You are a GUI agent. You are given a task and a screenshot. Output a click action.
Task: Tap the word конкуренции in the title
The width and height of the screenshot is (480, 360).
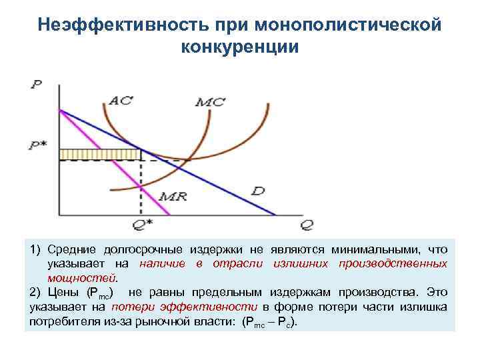(240, 47)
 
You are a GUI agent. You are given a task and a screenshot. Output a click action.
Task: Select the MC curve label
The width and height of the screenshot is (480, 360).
(211, 102)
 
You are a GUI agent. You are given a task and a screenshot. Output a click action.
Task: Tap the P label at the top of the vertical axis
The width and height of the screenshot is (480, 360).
(35, 85)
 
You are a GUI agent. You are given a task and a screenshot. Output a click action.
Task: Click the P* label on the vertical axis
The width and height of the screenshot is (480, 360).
(39, 145)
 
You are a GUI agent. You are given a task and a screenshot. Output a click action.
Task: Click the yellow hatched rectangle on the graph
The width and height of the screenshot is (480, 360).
(101, 155)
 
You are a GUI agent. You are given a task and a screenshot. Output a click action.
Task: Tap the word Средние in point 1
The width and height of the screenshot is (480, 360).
(71, 249)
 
